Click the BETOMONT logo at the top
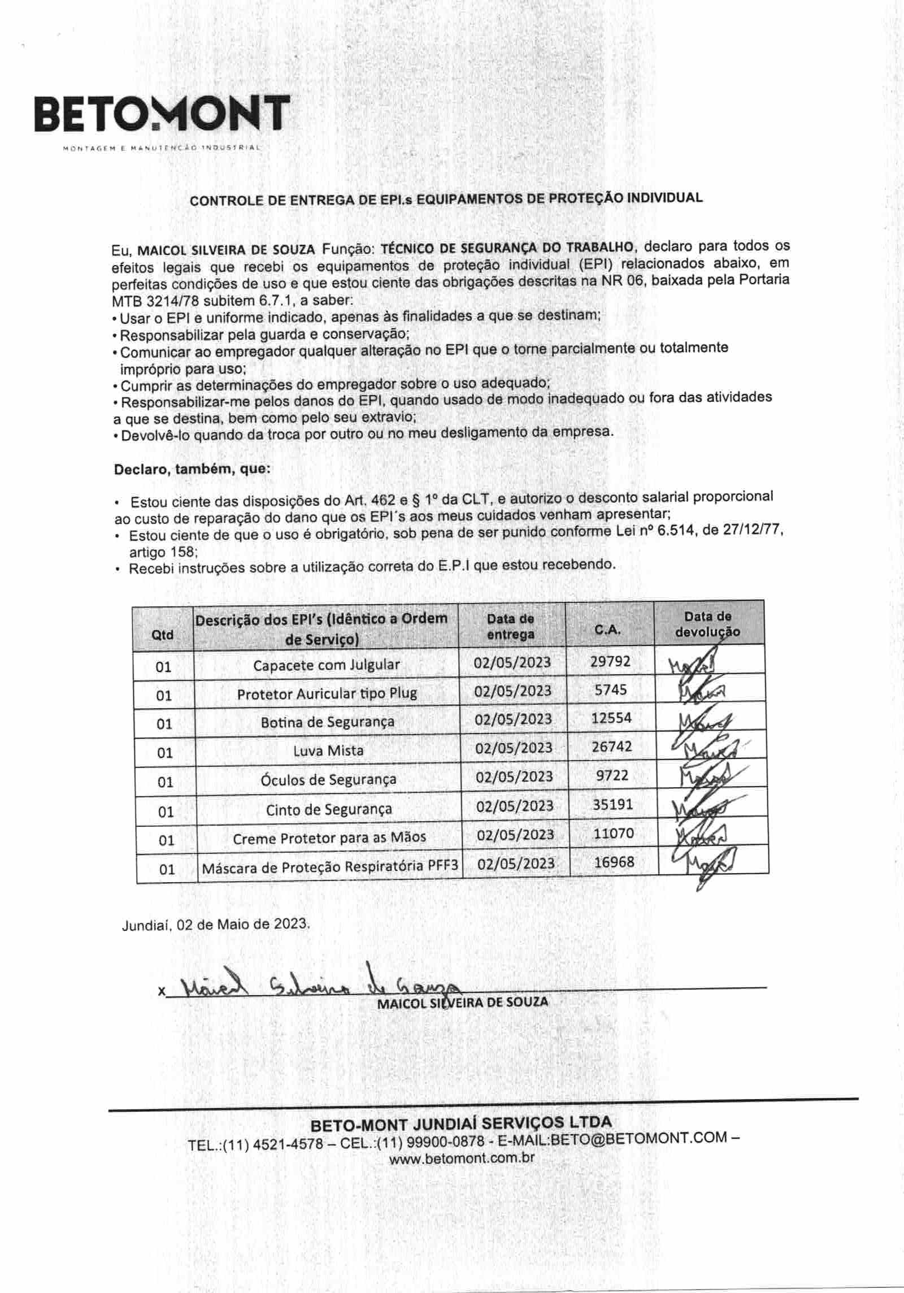click(162, 115)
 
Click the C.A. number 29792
click(610, 661)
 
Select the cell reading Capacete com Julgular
click(326, 665)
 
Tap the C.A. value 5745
click(611, 689)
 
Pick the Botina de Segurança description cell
click(327, 722)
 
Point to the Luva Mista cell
click(328, 750)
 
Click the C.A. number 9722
click(612, 775)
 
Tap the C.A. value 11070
click(614, 833)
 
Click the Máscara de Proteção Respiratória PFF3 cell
click(329, 866)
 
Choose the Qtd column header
click(163, 635)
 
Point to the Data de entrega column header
click(510, 626)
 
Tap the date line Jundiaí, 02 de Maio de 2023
click(215, 925)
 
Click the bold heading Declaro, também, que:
click(192, 469)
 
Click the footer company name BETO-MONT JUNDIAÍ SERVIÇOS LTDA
click(461, 1122)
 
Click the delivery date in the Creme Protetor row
click(515, 835)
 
